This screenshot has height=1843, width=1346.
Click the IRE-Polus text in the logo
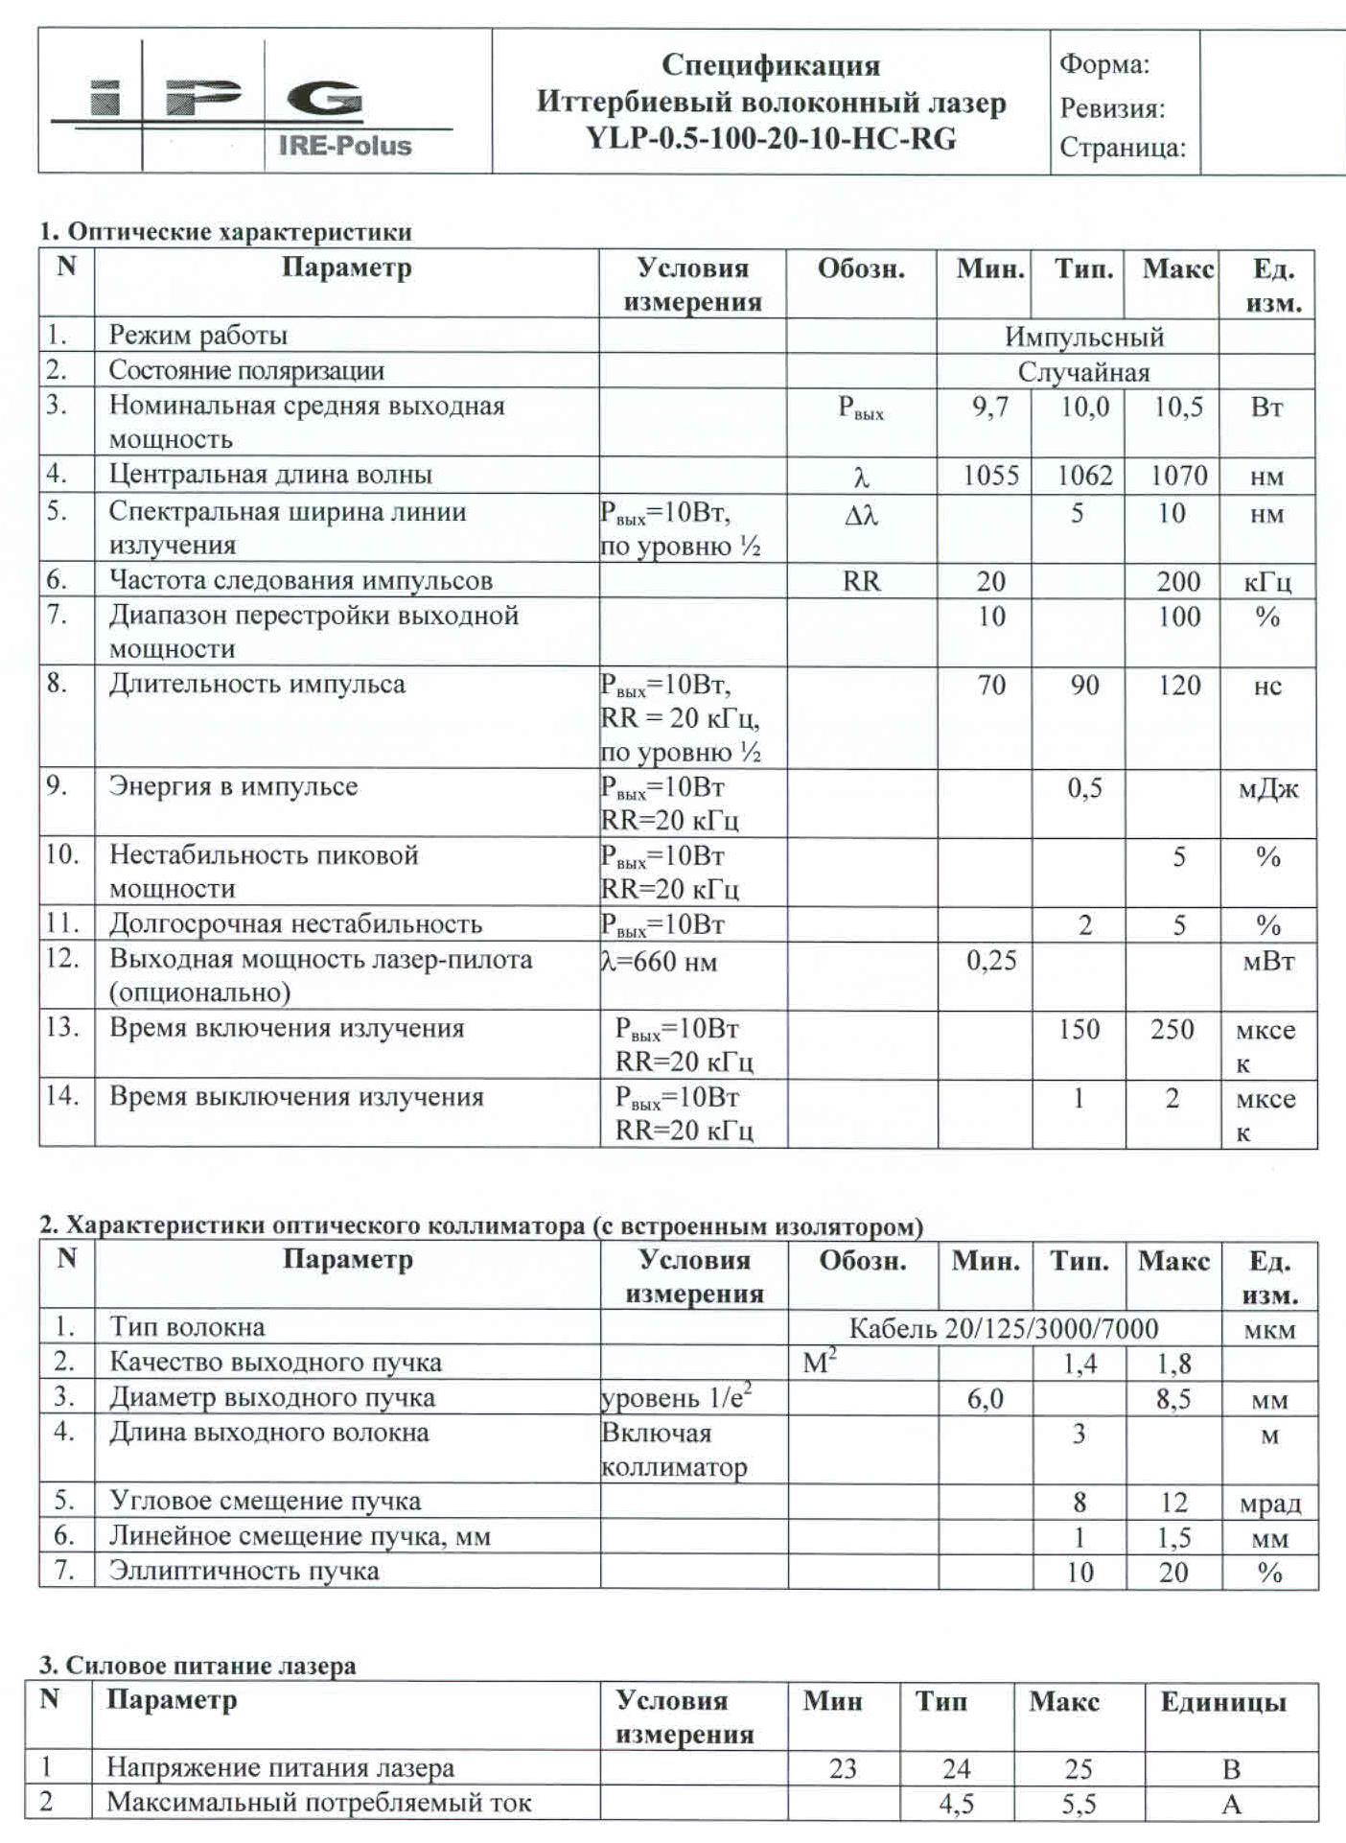(x=344, y=147)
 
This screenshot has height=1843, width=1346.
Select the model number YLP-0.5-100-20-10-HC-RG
(x=771, y=139)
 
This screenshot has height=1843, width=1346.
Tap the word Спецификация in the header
(x=771, y=65)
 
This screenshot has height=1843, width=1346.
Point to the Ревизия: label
(x=1112, y=108)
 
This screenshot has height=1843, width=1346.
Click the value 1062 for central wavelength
(x=1084, y=476)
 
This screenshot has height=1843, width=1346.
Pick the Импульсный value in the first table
(x=1084, y=338)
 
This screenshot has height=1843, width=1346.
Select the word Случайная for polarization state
(x=1083, y=372)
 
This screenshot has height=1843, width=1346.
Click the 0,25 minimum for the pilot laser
(x=991, y=960)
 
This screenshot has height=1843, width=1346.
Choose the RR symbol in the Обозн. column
(x=861, y=581)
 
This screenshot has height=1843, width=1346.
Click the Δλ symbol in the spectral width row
(x=861, y=516)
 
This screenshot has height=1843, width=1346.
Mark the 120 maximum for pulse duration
(x=1178, y=686)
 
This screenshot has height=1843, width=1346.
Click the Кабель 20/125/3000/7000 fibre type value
(x=1004, y=1328)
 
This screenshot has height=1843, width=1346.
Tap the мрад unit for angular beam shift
(x=1269, y=1504)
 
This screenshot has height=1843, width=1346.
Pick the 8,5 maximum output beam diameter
(x=1173, y=1399)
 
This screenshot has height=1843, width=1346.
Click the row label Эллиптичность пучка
(x=244, y=1572)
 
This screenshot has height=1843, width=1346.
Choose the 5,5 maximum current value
(x=1079, y=1805)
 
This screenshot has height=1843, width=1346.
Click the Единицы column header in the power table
(x=1222, y=1702)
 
